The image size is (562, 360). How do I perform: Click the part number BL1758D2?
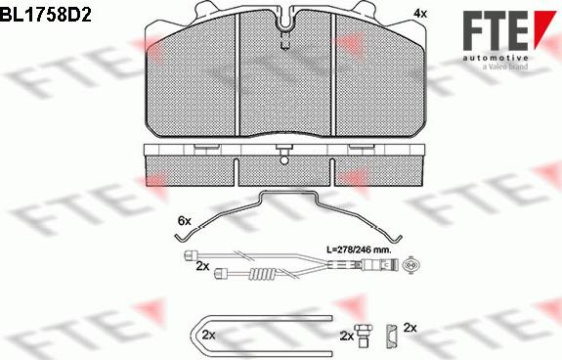tap(46, 15)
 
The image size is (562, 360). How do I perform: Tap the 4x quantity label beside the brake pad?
tap(420, 14)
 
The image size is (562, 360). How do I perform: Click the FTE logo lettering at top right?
tap(495, 31)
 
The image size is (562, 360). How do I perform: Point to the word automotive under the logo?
tap(495, 58)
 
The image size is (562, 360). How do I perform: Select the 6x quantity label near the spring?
tap(185, 221)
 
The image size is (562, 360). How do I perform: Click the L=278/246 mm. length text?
tap(359, 249)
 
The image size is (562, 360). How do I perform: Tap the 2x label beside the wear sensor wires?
tap(202, 266)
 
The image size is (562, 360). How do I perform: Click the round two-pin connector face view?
tap(411, 266)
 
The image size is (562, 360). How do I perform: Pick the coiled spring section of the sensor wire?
tap(263, 275)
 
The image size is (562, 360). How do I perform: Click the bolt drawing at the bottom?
tap(363, 336)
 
